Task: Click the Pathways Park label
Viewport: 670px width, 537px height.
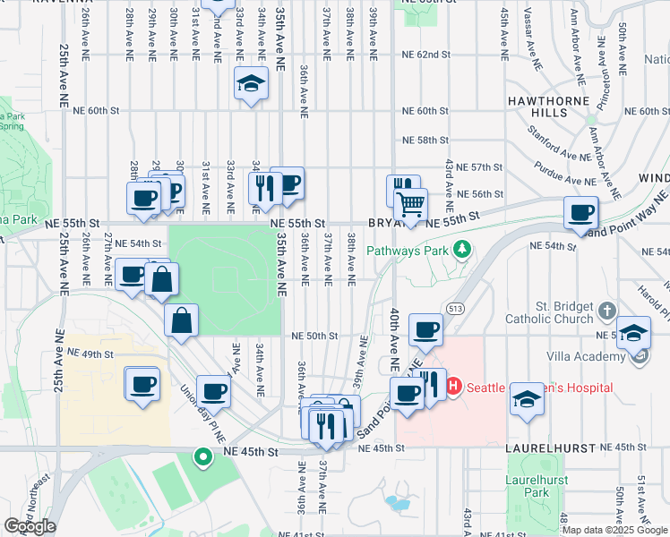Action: coord(406,251)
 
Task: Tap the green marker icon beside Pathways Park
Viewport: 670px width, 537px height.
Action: coord(462,249)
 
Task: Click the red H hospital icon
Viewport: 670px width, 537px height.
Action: coord(453,388)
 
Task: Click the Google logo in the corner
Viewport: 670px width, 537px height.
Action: coord(30,525)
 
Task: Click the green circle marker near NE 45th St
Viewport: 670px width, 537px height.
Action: coord(203,458)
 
